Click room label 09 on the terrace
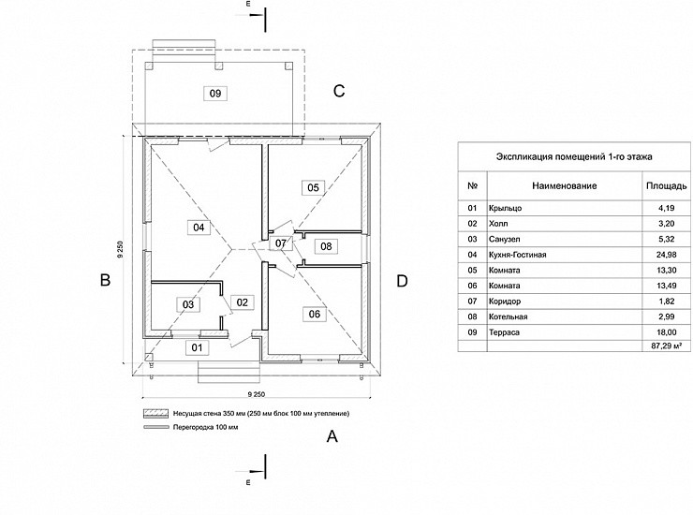pos(215,93)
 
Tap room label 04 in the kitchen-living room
pos(199,227)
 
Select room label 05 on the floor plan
pos(313,187)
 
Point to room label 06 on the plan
pos(314,314)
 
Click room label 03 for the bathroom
pos(188,304)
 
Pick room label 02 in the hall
pos(241,302)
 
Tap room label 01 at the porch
pos(197,347)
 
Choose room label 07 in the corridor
pos(282,243)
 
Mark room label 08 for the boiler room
pos(325,246)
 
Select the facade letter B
pos(106,280)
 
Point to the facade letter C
pos(340,91)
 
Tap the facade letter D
pos(402,280)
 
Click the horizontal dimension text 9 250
pos(260,396)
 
